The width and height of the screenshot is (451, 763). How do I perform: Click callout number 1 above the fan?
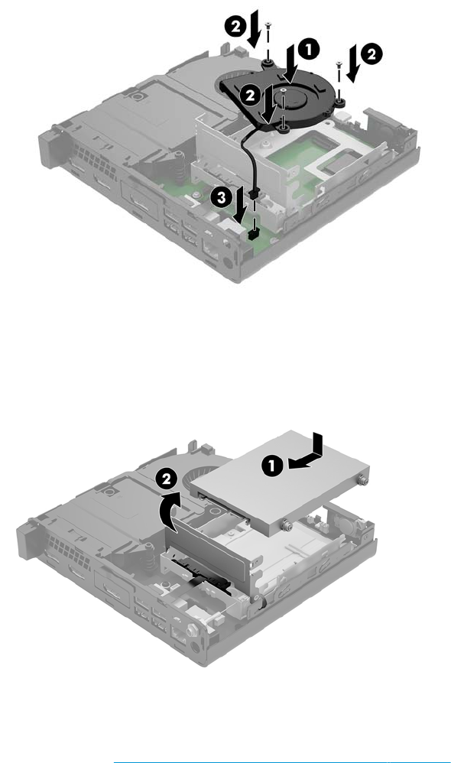coord(310,50)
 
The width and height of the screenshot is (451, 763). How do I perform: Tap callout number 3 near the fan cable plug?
coord(220,197)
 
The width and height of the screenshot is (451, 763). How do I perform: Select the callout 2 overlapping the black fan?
coord(250,96)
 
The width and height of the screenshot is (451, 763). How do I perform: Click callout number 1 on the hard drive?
coord(272,466)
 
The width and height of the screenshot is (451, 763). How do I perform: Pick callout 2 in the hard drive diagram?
coord(167,479)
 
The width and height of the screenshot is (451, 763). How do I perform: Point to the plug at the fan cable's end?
coord(252,194)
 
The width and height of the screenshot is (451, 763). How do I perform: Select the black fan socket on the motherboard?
coord(253,235)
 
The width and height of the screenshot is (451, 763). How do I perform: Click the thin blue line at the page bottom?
coord(282,761)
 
